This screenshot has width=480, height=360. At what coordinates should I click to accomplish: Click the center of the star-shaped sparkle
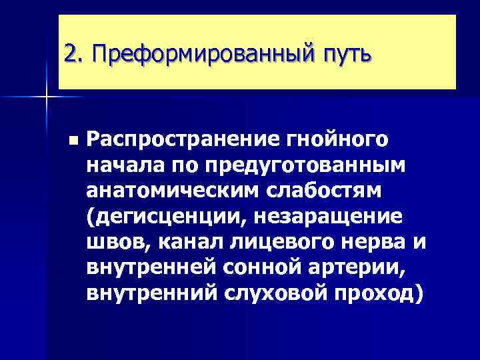point(47,97)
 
